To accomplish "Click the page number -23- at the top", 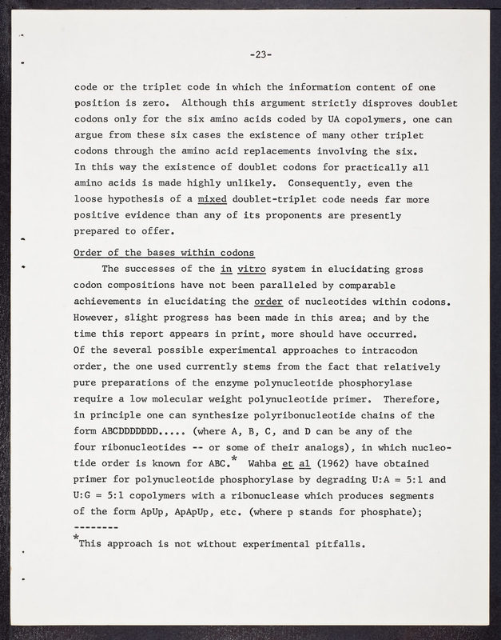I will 260,55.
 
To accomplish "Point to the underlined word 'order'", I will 268,301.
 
